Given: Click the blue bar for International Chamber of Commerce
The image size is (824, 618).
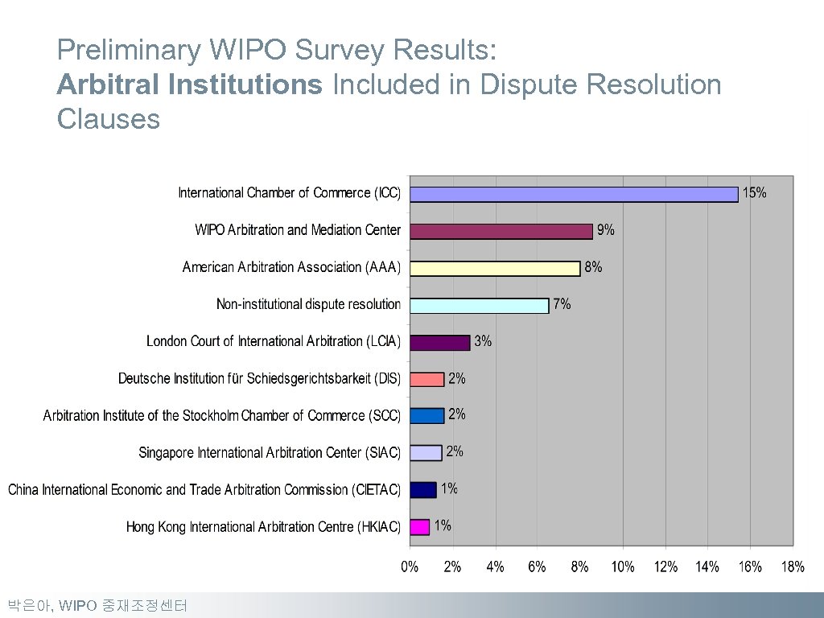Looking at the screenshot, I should tap(573, 194).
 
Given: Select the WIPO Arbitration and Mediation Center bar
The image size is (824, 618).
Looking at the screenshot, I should tap(501, 231).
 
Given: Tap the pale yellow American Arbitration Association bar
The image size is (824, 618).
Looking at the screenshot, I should tap(494, 268).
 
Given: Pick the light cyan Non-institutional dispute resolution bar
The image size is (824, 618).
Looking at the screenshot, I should tap(479, 305).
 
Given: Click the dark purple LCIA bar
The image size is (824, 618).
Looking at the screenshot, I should tap(439, 342).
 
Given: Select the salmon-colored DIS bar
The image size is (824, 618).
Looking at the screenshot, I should tap(426, 379).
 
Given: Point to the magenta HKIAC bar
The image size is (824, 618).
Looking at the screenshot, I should tap(419, 527).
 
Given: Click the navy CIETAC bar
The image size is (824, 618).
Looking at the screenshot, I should tap(422, 489).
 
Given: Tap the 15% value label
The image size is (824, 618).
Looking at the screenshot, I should tap(754, 193).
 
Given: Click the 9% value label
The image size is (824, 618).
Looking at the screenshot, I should tap(605, 230).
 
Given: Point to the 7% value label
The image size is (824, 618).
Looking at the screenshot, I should tap(562, 304).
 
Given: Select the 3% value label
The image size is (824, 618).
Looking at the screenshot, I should tap(483, 341).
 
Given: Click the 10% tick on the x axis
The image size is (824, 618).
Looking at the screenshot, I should tap(623, 567).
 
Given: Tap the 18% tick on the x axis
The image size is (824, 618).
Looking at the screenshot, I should tap(793, 567).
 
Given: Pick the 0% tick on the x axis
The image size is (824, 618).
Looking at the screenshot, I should tap(410, 567).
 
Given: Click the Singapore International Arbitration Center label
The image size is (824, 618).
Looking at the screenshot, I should tap(270, 453).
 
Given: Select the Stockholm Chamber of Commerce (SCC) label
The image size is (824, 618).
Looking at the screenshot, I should tap(222, 416).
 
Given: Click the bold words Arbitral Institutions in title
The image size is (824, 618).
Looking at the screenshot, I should tap(189, 84).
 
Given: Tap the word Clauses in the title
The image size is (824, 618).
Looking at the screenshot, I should tap(109, 119).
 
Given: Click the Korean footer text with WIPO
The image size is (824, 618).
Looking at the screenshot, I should tap(97, 605).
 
